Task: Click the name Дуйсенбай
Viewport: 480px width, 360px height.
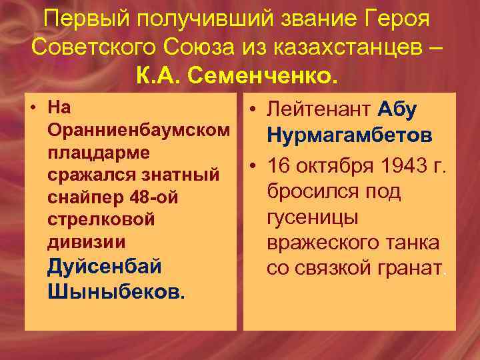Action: [105, 267]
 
